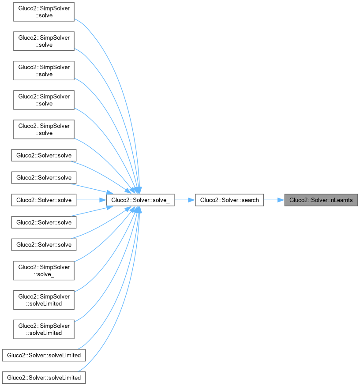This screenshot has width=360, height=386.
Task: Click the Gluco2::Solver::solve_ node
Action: click(x=140, y=200)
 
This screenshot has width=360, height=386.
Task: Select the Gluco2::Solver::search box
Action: click(x=229, y=200)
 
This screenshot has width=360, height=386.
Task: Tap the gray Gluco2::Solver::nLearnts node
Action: click(x=321, y=200)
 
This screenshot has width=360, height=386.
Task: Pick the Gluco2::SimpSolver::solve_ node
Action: click(x=44, y=270)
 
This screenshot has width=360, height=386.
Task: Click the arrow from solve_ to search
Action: click(x=185, y=200)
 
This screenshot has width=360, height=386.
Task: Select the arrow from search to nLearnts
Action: click(x=274, y=200)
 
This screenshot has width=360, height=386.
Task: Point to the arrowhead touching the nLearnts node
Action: click(x=281, y=200)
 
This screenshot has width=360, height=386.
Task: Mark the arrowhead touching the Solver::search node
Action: click(x=191, y=200)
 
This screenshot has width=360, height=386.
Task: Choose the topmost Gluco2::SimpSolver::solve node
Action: click(x=44, y=12)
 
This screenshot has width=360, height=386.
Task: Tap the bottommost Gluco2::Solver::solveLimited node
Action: click(x=44, y=378)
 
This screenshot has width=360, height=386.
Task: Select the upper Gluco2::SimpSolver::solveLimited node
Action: click(x=44, y=300)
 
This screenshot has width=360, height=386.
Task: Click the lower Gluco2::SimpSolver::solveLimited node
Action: click(x=44, y=330)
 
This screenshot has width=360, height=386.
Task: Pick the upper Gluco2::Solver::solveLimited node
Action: click(x=44, y=355)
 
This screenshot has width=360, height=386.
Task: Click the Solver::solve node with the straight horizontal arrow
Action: click(x=44, y=200)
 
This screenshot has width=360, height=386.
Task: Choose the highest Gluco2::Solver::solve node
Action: click(x=44, y=155)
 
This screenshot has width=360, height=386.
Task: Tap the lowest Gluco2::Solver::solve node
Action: click(x=44, y=244)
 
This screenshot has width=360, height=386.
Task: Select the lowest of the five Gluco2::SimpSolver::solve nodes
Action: click(x=44, y=129)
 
